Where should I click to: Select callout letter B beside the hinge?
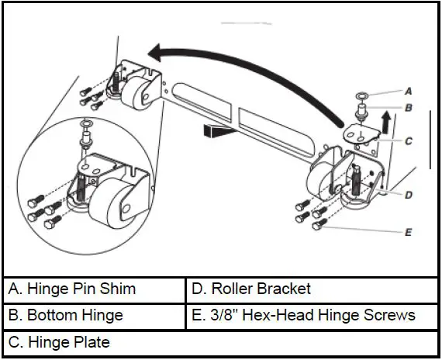coord(408,108)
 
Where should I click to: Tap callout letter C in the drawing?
coord(408,142)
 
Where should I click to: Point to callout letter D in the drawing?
coord(408,195)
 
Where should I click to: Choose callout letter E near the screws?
coord(408,231)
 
